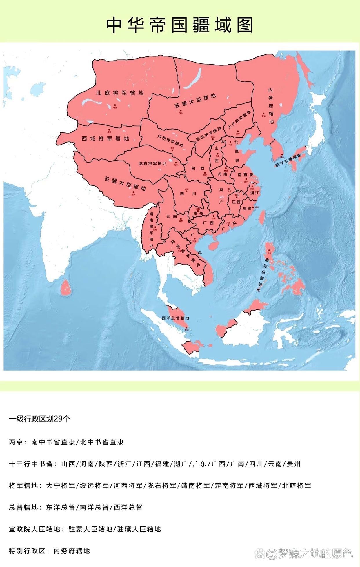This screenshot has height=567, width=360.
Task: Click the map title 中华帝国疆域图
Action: pyautogui.click(x=180, y=25)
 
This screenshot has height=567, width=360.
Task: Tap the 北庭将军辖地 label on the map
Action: pyautogui.click(x=120, y=93)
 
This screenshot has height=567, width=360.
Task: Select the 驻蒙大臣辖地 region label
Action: pyautogui.click(x=195, y=101)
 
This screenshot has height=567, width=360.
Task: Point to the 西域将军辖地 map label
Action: pyautogui.click(x=105, y=138)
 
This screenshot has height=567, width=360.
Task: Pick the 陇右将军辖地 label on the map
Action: pyautogui.click(x=152, y=163)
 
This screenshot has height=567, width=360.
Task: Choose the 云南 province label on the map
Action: pyautogui.click(x=171, y=216)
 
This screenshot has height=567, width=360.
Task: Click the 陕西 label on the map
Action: pyautogui.click(x=198, y=168)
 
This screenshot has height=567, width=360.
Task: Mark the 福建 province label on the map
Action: pyautogui.click(x=247, y=208)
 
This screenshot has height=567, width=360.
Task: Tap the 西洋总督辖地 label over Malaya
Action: pyautogui.click(x=175, y=318)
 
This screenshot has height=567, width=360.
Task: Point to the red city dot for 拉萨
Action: pyautogui.click(x=133, y=192)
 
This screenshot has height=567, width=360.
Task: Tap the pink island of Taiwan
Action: pyautogui.click(x=261, y=218)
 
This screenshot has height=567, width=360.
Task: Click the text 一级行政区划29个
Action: pyautogui.click(x=39, y=419)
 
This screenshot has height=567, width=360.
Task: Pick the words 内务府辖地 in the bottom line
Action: pyautogui.click(x=72, y=551)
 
